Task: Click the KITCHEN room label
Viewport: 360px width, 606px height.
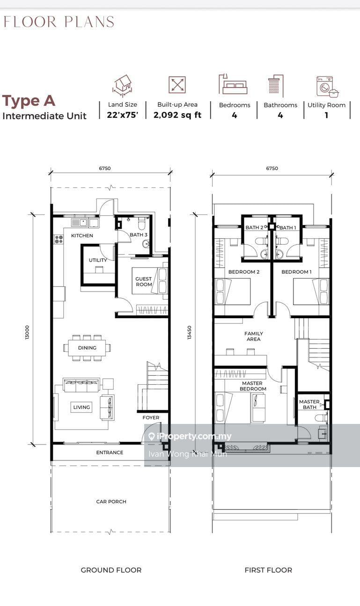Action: coord(82,236)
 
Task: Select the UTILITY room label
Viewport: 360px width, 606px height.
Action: coord(98,260)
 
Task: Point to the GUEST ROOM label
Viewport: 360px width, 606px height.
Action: coord(143,282)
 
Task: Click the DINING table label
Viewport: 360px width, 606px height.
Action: coord(87,348)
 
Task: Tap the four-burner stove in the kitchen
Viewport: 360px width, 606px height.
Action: coord(59,239)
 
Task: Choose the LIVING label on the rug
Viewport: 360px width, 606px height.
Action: coord(81,408)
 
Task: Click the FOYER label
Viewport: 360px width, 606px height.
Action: coord(151,418)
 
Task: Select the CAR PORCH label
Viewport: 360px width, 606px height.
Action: coord(111,502)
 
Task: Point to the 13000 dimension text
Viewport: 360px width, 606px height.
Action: coord(27,332)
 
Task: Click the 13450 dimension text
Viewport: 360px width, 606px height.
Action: coord(190,332)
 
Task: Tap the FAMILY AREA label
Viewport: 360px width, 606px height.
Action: coord(254,336)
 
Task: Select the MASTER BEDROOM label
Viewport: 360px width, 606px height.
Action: coord(253,386)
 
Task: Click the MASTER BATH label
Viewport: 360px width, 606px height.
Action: coord(309,404)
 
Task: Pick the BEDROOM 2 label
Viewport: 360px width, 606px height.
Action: coord(244,272)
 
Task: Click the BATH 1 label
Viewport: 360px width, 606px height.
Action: coord(288,228)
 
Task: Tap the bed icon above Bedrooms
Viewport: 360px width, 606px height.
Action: coord(233,84)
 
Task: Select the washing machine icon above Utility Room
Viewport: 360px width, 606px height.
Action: coord(327,87)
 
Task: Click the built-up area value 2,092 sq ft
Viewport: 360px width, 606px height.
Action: coord(177,115)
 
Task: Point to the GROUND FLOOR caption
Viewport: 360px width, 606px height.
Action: coord(111,570)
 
